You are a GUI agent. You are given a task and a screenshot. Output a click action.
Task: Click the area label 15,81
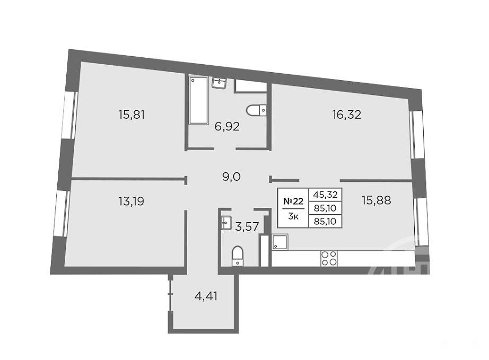coord(132,115)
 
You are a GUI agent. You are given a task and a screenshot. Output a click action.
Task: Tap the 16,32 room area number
coord(346,115)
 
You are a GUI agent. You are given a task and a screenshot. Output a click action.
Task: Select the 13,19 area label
coord(132,201)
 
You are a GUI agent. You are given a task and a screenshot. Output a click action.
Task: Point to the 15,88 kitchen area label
coord(377,200)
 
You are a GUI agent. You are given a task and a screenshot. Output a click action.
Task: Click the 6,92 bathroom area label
coord(227,127)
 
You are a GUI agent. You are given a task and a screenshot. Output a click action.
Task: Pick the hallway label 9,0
coord(231,177)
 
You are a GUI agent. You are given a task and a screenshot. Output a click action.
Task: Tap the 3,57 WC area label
coord(247,226)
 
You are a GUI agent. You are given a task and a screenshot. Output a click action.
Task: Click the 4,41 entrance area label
coord(206,296)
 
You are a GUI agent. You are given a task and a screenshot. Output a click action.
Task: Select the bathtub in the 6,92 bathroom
coord(198,100)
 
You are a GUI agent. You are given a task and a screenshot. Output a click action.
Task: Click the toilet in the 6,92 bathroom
coord(256,110)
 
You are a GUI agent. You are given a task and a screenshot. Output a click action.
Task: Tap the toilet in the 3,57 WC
coord(238,256)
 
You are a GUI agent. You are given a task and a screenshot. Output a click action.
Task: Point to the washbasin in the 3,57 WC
coord(225,223)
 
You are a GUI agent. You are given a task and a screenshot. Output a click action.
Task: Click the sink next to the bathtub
coord(219,83)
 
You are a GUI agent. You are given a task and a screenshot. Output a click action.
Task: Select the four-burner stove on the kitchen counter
coord(329,258)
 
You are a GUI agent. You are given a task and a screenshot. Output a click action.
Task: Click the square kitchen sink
coord(280,242)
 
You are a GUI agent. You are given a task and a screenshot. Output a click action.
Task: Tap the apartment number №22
coord(293,201)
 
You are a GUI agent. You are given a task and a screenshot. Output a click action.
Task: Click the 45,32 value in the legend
coord(325,195)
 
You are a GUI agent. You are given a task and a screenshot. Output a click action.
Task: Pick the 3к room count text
coord(293,216)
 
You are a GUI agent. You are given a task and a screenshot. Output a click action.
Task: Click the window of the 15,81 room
coord(69,115)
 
